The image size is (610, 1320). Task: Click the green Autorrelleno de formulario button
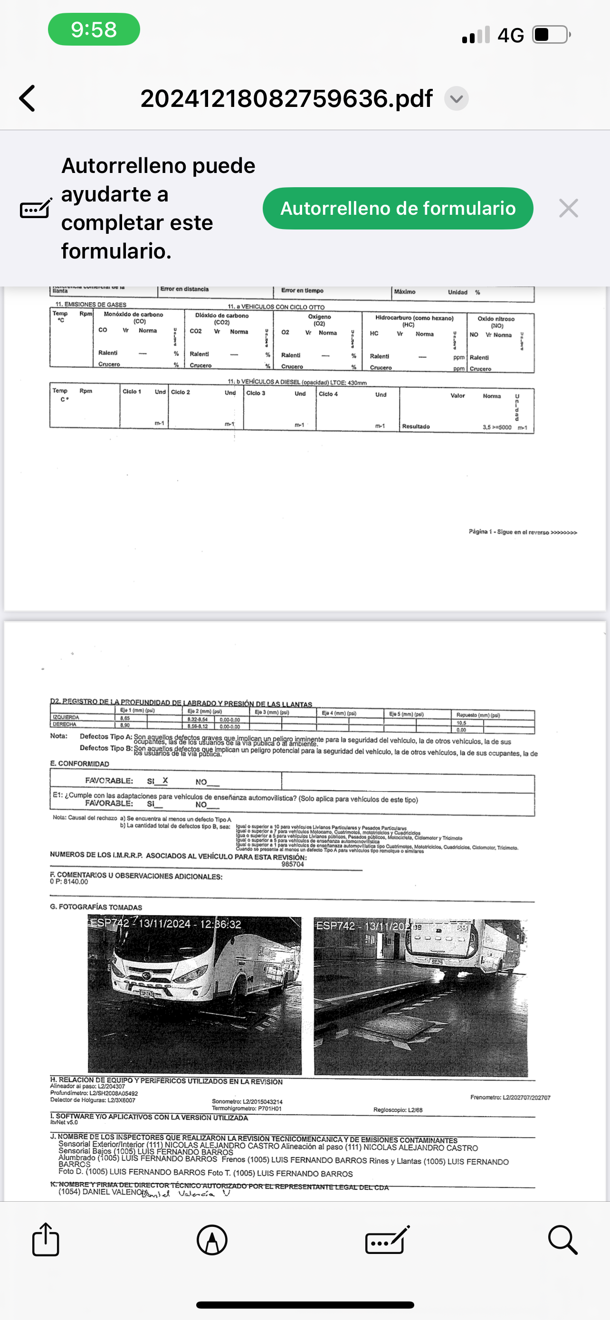pos(398,208)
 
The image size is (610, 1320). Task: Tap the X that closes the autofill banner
pos(569,208)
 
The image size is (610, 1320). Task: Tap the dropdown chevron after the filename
pos(457,98)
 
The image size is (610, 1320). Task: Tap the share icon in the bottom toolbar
pos(46,1240)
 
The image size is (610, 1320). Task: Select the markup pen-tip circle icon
pos(212,1240)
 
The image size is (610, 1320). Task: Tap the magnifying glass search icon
pos(562,1240)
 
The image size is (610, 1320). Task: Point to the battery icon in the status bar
pos(551,35)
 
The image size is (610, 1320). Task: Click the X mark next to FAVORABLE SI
pos(165,780)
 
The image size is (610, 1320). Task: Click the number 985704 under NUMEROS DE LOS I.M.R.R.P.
pos(293,864)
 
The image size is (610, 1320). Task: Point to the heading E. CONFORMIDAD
pos(79,764)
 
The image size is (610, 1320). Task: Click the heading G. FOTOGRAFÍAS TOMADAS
pos(96,907)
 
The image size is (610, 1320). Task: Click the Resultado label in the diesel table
pos(415,426)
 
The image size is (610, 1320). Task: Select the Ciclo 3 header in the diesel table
pos(256,393)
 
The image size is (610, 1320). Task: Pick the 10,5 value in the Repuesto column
pos(461,723)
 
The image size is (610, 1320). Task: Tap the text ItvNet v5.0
pos(64,1122)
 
